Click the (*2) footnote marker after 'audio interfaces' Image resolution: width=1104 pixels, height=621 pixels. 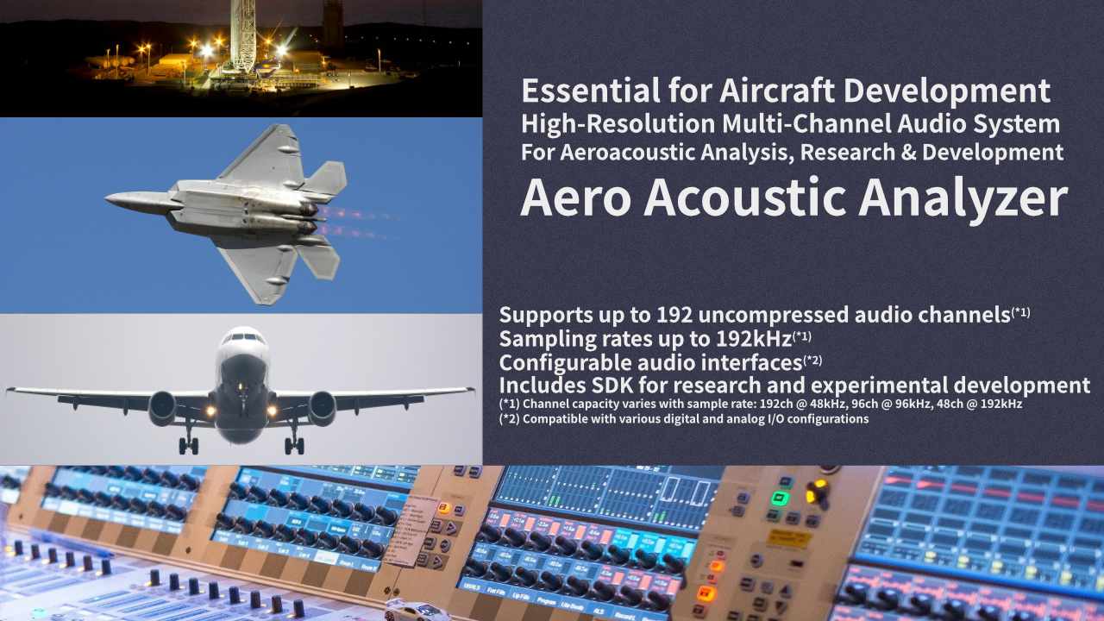(x=812, y=360)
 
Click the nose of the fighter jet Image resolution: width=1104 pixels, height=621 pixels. (x=110, y=199)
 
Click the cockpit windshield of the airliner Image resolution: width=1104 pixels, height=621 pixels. (x=242, y=338)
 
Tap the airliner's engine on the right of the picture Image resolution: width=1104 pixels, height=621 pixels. (x=322, y=408)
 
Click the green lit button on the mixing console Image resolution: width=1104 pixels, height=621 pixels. (x=781, y=498)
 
